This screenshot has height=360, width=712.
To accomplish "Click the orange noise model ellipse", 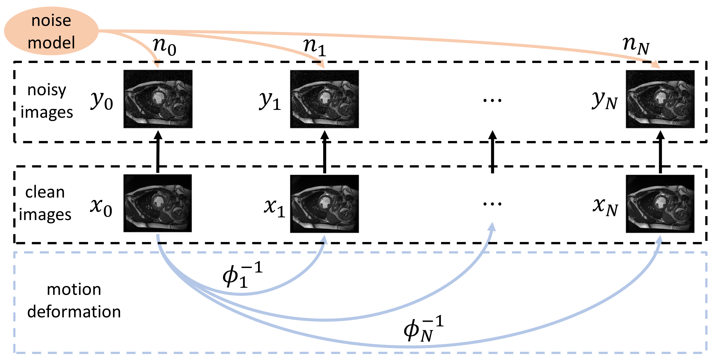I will coord(51,31).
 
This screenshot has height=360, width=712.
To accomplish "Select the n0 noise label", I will coord(164,46).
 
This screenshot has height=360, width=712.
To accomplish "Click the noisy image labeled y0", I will coord(158,99).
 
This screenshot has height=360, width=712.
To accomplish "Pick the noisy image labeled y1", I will coord(324,99).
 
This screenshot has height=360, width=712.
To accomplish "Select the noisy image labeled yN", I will coord(660,99).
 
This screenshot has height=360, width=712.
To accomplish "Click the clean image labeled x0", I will coord(158,203).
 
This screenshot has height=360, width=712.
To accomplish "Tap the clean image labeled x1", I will coord(324,204).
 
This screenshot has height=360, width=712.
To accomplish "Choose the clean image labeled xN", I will coord(660,204).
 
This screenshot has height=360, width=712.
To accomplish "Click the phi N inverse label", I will coord(423,329).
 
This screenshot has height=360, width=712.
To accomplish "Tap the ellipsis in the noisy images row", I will coord(492,100).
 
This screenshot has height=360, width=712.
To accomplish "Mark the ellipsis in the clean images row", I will coord(492,204).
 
